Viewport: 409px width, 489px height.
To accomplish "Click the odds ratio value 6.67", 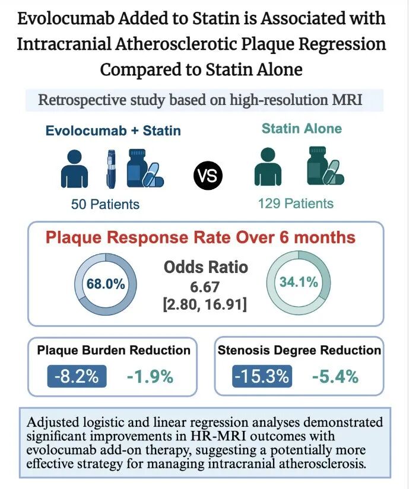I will (x=205, y=287).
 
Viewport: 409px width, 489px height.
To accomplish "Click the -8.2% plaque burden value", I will (x=78, y=376).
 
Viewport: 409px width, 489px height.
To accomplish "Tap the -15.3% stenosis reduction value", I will (x=262, y=376).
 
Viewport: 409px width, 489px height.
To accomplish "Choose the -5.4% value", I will (x=335, y=376).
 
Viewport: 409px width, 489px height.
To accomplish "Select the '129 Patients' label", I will (x=296, y=203).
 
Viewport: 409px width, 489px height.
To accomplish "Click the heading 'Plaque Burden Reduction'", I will (x=113, y=350).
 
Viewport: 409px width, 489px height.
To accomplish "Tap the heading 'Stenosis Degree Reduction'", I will (x=299, y=350).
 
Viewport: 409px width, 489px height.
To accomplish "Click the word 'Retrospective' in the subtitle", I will (x=78, y=99).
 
